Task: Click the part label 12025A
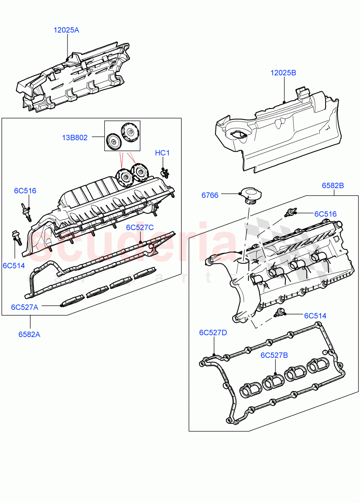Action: [x=66, y=30]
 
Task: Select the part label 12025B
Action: [x=283, y=73]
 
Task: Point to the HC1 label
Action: [x=162, y=153]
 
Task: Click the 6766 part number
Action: [x=210, y=195]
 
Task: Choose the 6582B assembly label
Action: [x=333, y=185]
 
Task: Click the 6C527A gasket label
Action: [x=25, y=307]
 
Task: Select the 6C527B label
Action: [x=274, y=355]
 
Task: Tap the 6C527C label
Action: [x=140, y=227]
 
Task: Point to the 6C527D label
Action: [x=213, y=332]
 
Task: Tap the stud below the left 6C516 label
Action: [x=26, y=210]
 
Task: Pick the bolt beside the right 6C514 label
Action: [x=280, y=312]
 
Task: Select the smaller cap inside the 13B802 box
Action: [x=113, y=141]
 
